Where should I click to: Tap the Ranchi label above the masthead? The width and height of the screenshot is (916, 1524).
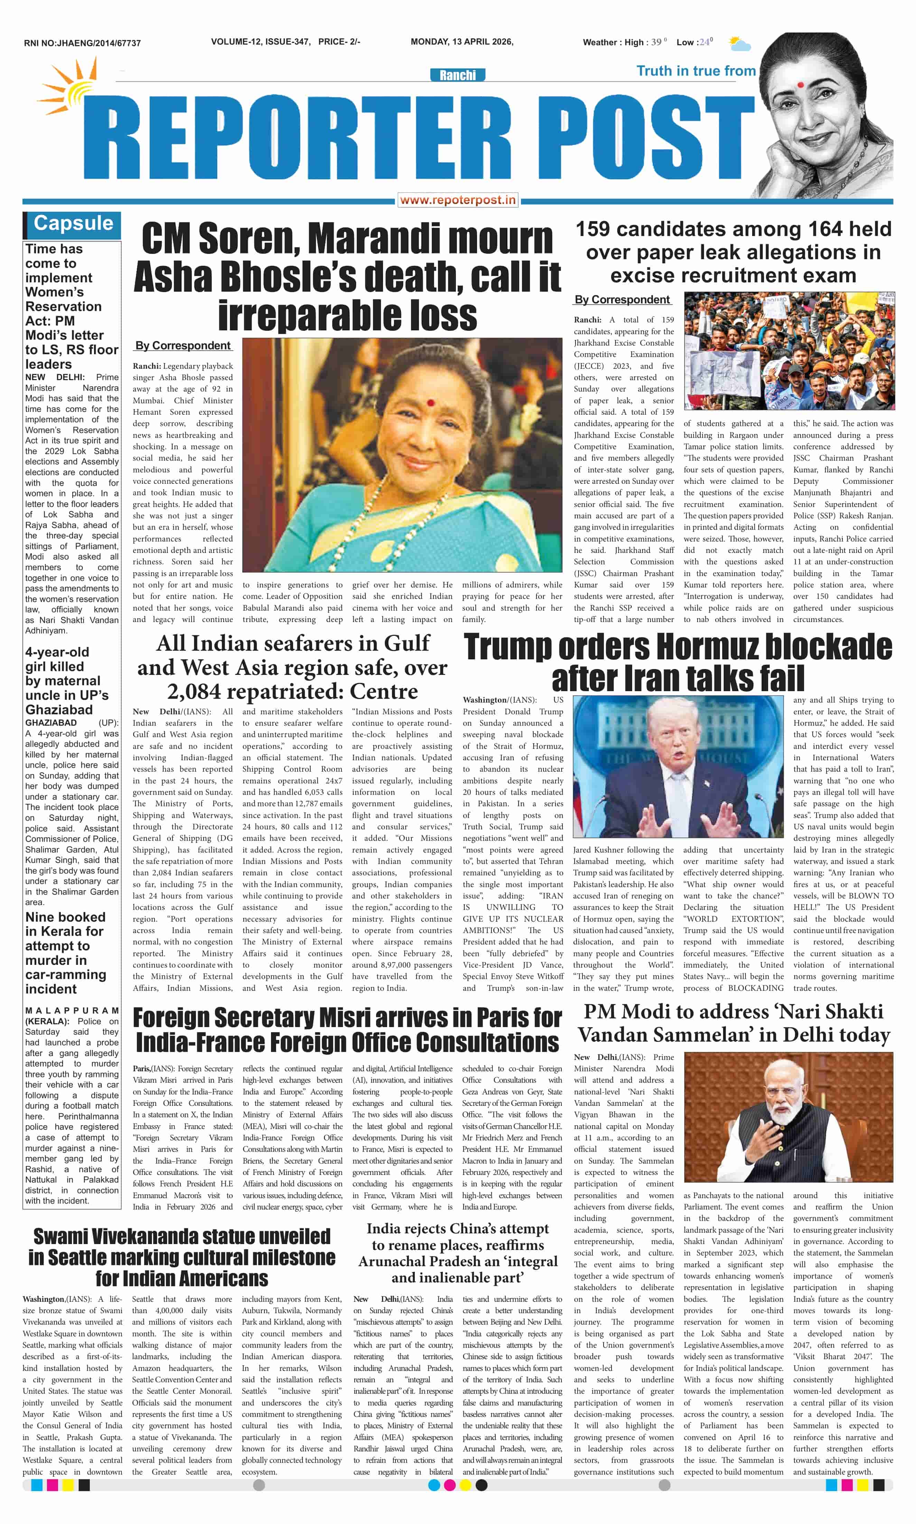coord(457,75)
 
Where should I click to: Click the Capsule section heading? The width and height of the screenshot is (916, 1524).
coord(73,223)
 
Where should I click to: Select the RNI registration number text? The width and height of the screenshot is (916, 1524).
coord(82,43)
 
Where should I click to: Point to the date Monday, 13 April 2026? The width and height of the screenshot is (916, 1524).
coord(462,42)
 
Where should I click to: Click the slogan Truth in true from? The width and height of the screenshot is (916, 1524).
coord(695,71)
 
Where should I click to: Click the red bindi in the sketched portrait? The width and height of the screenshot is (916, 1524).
coord(801,85)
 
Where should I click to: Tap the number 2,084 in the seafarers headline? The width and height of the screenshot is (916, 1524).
coord(199,692)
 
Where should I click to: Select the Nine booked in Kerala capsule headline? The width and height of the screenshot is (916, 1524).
coord(65,953)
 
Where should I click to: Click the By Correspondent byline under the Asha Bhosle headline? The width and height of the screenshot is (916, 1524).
coord(183,346)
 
